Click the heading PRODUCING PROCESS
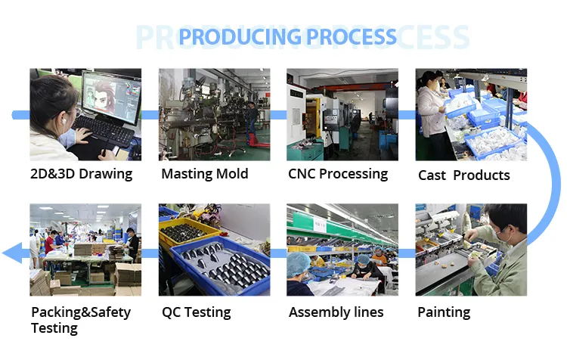tap(288, 36)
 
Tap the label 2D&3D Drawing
tap(82, 174)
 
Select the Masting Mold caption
tap(205, 174)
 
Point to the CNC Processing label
tap(338, 174)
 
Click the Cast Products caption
tap(464, 175)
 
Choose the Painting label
tap(444, 312)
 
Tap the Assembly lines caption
tap(336, 312)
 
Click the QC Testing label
tap(197, 312)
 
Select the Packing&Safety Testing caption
tap(81, 320)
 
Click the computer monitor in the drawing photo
tap(111, 97)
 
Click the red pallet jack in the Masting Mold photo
tap(259, 140)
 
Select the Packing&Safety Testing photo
tap(85, 250)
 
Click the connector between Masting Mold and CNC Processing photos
tap(278, 115)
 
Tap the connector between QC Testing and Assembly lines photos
tap(278, 253)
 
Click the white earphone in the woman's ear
tap(64, 122)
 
